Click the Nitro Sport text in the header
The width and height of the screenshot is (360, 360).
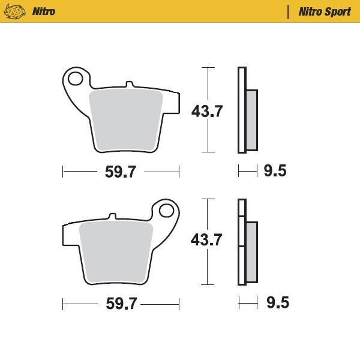point(325,11)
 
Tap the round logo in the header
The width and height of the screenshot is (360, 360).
point(19,11)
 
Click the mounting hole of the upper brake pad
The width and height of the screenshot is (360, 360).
point(76,78)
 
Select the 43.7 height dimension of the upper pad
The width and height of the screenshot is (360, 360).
point(207,111)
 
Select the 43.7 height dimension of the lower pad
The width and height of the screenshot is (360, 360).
point(207,240)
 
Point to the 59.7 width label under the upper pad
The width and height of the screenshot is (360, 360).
point(121,172)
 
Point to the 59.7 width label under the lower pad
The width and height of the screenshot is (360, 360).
point(121,304)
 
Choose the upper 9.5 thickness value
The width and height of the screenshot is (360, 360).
point(275,172)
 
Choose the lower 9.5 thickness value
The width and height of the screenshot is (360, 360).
point(277,303)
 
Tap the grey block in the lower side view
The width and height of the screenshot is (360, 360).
point(251,252)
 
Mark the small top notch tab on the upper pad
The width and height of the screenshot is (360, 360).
point(127,85)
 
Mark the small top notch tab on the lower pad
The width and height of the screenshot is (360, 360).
point(112,216)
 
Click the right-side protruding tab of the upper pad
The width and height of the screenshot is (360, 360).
point(172,103)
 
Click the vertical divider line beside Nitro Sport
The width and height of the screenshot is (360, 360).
point(289,11)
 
